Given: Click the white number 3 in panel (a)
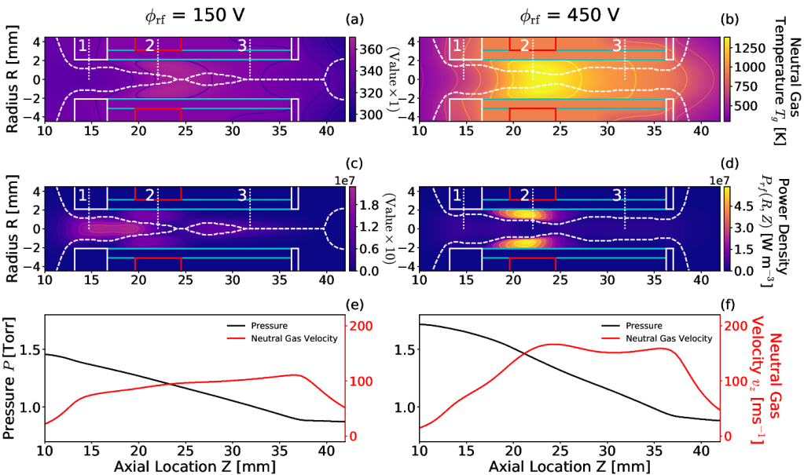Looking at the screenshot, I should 242,46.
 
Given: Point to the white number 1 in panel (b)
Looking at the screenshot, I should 456,46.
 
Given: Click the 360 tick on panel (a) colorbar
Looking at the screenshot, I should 373,49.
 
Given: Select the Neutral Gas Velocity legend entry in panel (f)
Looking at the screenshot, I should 674,338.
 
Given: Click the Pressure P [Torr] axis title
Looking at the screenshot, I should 10,377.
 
